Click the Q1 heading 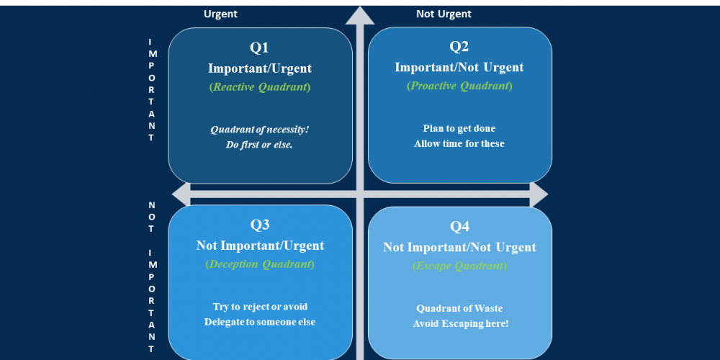point(259,48)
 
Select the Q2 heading point(459,46)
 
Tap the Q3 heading point(260,225)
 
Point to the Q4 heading point(459,226)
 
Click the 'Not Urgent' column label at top point(444,14)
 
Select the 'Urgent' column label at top point(220,14)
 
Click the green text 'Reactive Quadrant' point(260,87)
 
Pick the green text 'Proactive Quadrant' point(459,86)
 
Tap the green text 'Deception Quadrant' point(260,264)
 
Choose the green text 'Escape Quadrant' point(459,266)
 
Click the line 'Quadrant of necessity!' point(260,130)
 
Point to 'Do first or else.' point(259,145)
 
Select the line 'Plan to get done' point(459,129)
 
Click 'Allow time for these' point(459,144)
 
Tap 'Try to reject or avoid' point(260,307)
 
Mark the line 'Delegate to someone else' point(260,322)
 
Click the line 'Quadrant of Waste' point(459,309)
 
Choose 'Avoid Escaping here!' point(461,324)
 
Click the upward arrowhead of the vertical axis point(360,15)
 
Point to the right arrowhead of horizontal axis point(539,194)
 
